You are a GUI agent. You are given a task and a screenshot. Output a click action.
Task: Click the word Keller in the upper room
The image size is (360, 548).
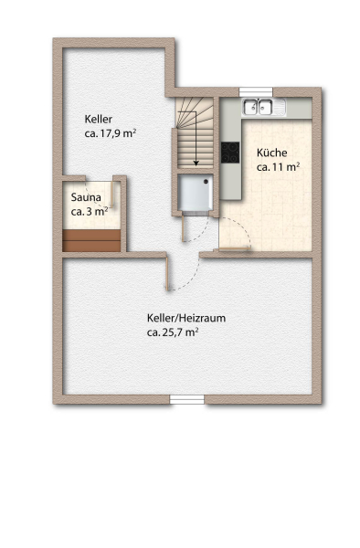(x=98, y=119)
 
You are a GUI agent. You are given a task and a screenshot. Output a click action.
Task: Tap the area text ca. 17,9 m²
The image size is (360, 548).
(x=111, y=133)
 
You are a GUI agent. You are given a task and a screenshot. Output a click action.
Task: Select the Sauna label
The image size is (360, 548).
(x=86, y=197)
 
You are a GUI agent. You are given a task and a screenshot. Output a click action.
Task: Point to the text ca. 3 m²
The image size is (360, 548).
(x=90, y=212)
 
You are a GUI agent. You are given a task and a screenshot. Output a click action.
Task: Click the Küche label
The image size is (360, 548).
(x=272, y=153)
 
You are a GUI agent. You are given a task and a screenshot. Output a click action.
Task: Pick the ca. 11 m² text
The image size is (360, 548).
(x=278, y=167)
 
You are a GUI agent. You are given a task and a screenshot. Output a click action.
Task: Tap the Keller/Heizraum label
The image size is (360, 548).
(x=186, y=318)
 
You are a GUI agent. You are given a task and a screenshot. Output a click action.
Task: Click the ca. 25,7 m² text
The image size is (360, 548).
(x=173, y=332)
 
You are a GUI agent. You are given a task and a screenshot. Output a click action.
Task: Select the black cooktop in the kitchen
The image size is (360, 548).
(x=230, y=153)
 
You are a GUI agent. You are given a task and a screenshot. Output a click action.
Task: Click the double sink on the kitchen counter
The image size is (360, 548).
(x=259, y=107)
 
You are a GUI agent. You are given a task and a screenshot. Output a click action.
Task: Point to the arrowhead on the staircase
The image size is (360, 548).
(x=196, y=163)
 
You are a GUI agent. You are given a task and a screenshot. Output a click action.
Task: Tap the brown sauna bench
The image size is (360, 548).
(x=91, y=240)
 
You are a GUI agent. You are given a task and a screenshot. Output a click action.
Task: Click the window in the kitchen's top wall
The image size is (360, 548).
(x=256, y=91)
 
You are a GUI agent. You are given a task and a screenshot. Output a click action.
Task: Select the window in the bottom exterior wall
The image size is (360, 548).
(x=187, y=399)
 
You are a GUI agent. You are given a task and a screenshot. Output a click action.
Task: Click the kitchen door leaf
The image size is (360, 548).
(x=232, y=248)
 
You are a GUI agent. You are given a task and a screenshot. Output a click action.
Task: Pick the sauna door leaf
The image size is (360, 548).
(x=112, y=194)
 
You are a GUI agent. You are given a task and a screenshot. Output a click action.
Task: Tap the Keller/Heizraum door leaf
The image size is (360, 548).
(x=167, y=274)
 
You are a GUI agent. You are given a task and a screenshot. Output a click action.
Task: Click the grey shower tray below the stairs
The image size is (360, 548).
(x=195, y=193)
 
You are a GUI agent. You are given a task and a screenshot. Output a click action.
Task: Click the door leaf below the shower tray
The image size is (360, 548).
(x=183, y=228)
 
